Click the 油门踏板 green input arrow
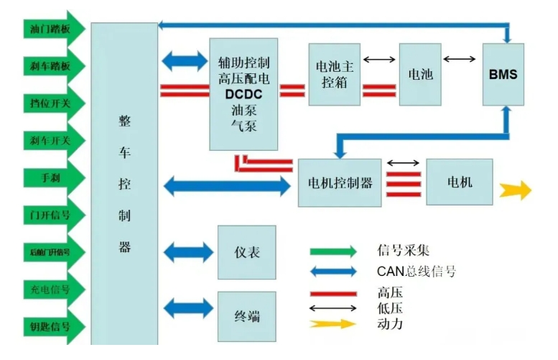click(x=54, y=29)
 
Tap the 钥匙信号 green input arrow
click(x=54, y=327)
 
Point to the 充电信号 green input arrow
click(x=54, y=289)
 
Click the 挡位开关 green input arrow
click(x=54, y=103)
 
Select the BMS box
click(x=503, y=75)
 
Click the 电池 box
click(x=419, y=75)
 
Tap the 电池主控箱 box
click(x=334, y=75)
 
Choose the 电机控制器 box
click(x=340, y=183)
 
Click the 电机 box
click(x=460, y=183)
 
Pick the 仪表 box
click(x=246, y=252)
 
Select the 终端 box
click(x=246, y=316)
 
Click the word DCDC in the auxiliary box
click(x=243, y=94)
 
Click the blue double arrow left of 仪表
click(x=188, y=252)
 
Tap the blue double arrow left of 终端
click(x=188, y=308)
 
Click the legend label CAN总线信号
click(x=416, y=272)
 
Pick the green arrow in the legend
click(x=333, y=251)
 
